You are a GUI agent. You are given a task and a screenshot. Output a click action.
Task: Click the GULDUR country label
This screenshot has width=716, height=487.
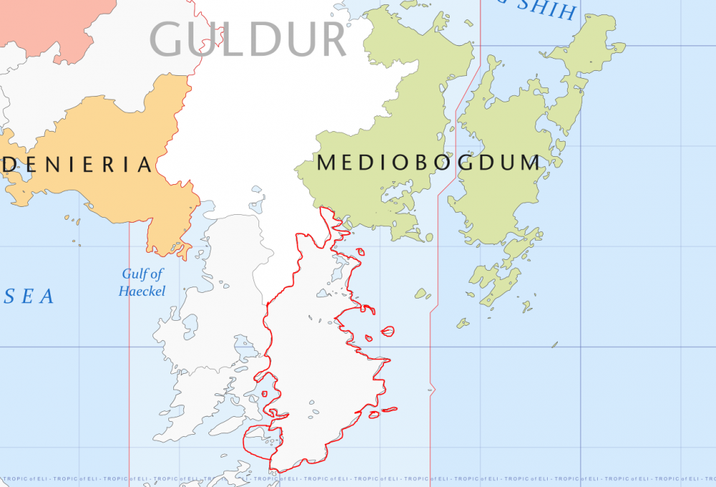point(248,40)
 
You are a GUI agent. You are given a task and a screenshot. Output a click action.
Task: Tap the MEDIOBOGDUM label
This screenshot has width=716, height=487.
point(428,163)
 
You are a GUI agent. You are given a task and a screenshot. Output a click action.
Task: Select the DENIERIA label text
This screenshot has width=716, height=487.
point(77,165)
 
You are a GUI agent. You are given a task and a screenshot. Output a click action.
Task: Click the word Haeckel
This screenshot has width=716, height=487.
point(142,291)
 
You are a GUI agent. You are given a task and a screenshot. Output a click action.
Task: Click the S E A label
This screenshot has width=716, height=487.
point(29,296)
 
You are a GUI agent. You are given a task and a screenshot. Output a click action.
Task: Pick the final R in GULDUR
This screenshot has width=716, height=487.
point(334,40)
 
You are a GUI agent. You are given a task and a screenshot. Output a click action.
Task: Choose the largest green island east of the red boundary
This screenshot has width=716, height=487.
point(501,158)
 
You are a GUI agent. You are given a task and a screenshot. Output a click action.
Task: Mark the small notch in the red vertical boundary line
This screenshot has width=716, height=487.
point(432,389)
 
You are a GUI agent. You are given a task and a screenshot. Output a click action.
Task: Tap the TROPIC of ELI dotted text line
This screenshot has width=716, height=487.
point(358,478)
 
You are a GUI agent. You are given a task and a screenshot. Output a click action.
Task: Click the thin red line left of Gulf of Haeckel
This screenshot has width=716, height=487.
point(129,358)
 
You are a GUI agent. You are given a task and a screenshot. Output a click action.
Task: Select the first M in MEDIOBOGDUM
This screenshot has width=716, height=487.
point(326,163)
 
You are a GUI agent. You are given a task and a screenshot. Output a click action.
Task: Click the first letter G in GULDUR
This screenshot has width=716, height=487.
point(166,40)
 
